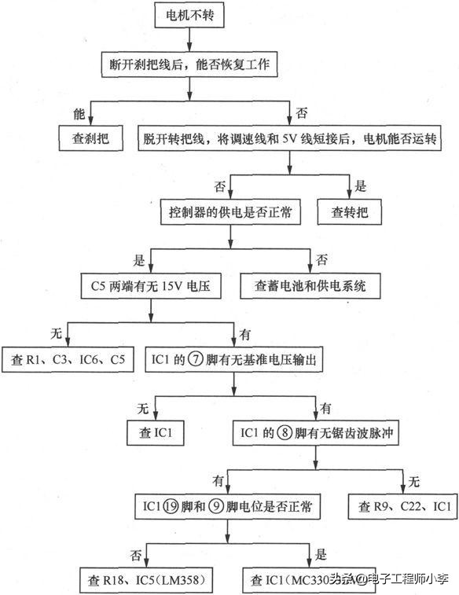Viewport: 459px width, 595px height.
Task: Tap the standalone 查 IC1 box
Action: click(x=156, y=431)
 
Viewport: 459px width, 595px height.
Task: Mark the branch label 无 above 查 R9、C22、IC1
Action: click(x=414, y=480)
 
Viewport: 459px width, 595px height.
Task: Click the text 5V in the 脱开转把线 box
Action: click(x=310, y=140)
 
